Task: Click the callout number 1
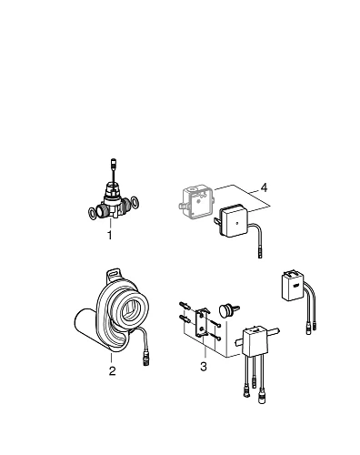(x=109, y=235)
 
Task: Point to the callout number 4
(x=264, y=187)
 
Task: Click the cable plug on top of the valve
(x=110, y=166)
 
